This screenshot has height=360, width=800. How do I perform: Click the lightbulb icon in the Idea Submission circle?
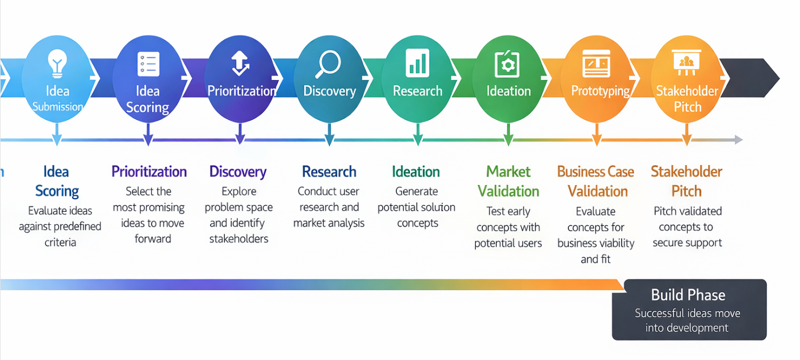click(x=57, y=63)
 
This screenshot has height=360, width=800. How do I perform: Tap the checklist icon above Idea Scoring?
click(x=148, y=64)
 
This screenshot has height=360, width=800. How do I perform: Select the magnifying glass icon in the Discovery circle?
click(x=328, y=64)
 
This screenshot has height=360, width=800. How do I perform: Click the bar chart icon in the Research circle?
click(x=417, y=63)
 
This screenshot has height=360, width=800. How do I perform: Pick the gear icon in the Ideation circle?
click(x=507, y=64)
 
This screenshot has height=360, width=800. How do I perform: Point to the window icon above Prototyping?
click(x=596, y=64)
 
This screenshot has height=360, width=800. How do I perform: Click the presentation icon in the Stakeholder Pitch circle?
click(x=686, y=62)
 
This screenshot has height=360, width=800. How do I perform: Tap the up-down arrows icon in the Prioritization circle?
click(x=240, y=63)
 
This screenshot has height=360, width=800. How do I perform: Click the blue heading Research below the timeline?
click(x=329, y=171)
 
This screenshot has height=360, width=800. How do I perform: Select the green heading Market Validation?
click(x=508, y=181)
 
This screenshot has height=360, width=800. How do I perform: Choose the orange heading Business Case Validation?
click(x=596, y=181)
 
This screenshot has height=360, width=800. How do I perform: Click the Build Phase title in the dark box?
click(x=688, y=295)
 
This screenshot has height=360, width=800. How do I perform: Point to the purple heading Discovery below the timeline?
click(x=238, y=171)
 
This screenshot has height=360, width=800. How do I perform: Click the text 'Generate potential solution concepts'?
click(x=417, y=207)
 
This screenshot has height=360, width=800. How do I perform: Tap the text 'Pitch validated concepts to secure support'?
click(x=687, y=227)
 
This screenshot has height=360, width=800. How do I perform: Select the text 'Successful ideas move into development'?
click(x=688, y=320)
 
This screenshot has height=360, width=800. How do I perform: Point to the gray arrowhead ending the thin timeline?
click(x=738, y=140)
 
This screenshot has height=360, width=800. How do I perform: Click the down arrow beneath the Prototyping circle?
click(x=596, y=141)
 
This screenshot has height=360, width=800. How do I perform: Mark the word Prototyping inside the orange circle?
click(x=600, y=91)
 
